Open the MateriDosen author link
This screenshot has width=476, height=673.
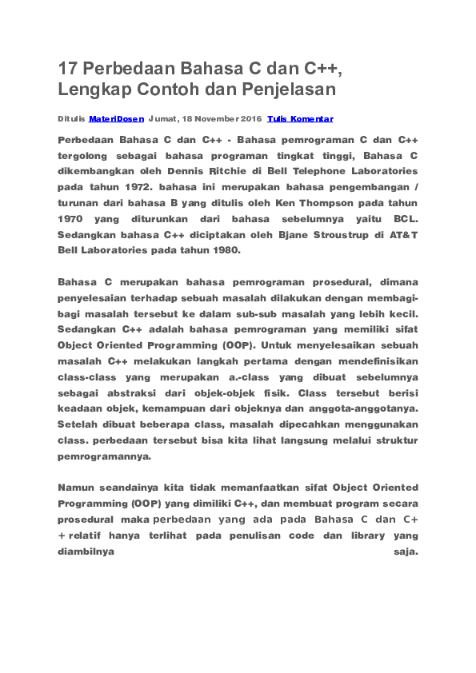[117, 118]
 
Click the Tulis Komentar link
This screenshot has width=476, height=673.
[300, 118]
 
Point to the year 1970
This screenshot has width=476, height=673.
[70, 218]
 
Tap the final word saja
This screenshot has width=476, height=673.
[406, 552]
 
